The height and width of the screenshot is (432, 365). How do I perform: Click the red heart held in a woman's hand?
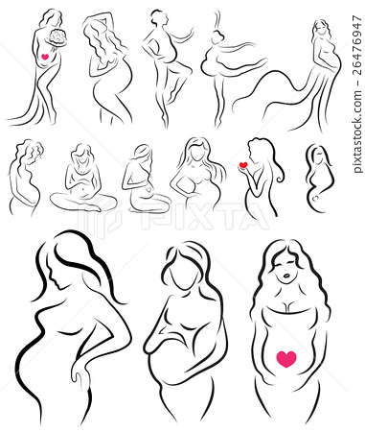point(243,165)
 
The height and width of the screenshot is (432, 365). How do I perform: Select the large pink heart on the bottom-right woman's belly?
point(285,358)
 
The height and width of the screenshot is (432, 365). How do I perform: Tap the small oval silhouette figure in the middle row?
point(318,178)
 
